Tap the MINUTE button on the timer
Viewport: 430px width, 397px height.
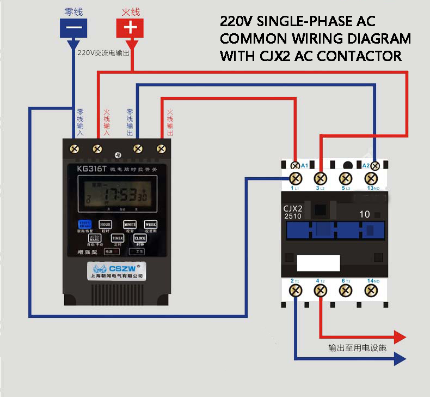point(130,225)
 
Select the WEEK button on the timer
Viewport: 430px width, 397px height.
point(150,225)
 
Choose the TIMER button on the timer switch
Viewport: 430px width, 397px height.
point(118,238)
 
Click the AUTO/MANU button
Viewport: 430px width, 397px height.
point(95,238)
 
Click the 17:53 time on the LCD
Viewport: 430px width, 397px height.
point(121,195)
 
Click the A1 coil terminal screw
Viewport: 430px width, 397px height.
point(295,165)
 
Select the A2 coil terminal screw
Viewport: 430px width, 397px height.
point(375,165)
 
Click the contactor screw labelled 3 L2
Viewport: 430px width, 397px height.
point(321,178)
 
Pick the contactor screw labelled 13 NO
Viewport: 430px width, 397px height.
point(371,178)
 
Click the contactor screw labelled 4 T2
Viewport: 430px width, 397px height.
point(321,291)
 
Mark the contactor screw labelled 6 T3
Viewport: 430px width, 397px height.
point(346,291)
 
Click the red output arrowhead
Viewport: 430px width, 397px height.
point(400,336)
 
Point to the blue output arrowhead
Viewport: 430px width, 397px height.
point(400,358)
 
